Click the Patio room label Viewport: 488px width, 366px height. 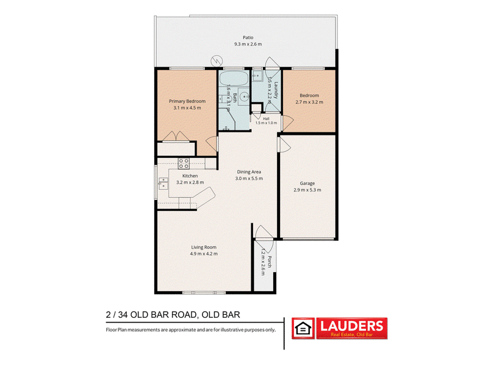pyautogui.click(x=248, y=37)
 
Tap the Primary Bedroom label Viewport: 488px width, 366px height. pyautogui.click(x=187, y=101)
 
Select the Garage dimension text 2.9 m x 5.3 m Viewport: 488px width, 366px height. pyautogui.click(x=307, y=190)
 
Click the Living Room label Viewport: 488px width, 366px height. pyautogui.click(x=204, y=248)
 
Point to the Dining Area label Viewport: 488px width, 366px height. pyautogui.click(x=249, y=172)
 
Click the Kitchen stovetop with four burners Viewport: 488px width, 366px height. pyautogui.click(x=184, y=163)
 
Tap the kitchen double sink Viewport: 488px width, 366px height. pyautogui.click(x=163, y=184)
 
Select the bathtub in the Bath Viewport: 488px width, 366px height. pyautogui.click(x=234, y=79)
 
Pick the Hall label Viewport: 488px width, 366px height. pyautogui.click(x=266, y=118)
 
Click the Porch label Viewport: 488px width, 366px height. pyautogui.click(x=270, y=262)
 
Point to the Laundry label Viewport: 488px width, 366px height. pyautogui.click(x=276, y=90)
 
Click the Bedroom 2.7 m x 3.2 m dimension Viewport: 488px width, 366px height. pyautogui.click(x=309, y=102)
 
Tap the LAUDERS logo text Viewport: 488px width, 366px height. pyautogui.click(x=352, y=326)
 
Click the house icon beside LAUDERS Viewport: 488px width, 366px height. pyautogui.click(x=303, y=328)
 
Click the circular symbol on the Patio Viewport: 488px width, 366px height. pyautogui.click(x=217, y=60)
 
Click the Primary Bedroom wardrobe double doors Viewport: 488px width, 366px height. pyautogui.click(x=176, y=137)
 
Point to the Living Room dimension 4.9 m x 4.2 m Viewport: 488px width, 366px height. pyautogui.click(x=204, y=254)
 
